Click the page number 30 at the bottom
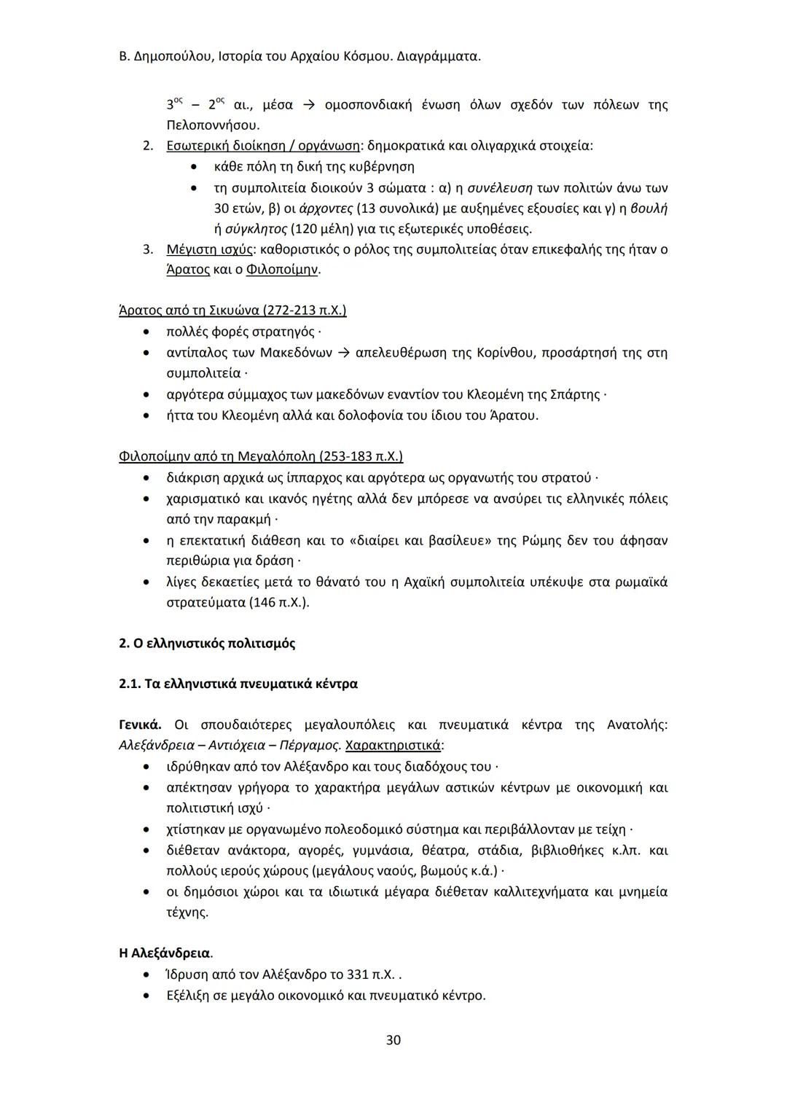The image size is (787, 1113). (x=393, y=1039)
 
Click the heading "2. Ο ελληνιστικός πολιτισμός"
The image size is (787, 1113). (x=207, y=644)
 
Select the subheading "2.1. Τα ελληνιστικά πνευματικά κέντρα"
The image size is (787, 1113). (x=238, y=684)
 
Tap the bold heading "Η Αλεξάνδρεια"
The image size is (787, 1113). (x=165, y=953)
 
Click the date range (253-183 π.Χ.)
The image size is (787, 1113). (x=361, y=456)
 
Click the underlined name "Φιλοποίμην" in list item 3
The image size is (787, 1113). (x=283, y=270)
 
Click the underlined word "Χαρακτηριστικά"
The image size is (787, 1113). (x=393, y=746)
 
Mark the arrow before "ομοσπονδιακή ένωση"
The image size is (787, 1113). (x=308, y=105)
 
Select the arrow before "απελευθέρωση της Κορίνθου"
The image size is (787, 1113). (x=343, y=353)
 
